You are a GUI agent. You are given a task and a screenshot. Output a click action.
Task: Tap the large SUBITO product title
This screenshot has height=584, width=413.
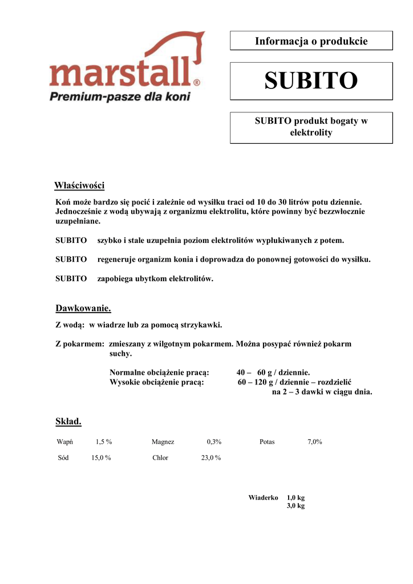pyautogui.click(x=311, y=81)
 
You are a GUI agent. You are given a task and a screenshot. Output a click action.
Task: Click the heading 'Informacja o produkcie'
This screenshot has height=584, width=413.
pyautogui.click(x=311, y=41)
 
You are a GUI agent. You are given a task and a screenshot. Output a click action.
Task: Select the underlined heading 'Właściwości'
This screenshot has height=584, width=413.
pyautogui.click(x=79, y=186)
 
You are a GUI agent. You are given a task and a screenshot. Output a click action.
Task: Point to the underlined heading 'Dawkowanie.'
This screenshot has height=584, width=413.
pyautogui.click(x=83, y=309)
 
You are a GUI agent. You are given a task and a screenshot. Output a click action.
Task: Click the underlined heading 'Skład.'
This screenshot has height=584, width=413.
pyautogui.click(x=68, y=421)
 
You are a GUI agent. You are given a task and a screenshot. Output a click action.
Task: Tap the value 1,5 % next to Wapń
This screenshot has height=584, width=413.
pyautogui.click(x=104, y=442)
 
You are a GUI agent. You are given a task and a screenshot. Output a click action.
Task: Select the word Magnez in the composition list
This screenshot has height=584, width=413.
pyautogui.click(x=163, y=442)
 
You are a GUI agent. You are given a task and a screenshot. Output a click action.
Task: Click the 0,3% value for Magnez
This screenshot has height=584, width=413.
pyautogui.click(x=214, y=442)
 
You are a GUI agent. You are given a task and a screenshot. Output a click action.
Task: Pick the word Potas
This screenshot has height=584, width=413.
pyautogui.click(x=267, y=442)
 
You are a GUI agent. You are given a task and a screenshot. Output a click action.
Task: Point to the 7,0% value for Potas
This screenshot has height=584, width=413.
pyautogui.click(x=315, y=442)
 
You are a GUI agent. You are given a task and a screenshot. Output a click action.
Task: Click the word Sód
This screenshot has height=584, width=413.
pyautogui.click(x=63, y=458)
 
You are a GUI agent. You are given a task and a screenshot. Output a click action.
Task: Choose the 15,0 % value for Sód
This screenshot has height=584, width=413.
pyautogui.click(x=101, y=458)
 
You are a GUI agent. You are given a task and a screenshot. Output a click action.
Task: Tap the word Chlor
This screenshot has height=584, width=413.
pyautogui.click(x=160, y=458)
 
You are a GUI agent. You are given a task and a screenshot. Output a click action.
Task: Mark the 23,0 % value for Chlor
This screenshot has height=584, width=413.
pyautogui.click(x=211, y=458)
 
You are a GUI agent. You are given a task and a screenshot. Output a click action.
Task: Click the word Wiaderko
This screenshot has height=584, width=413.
pyautogui.click(x=263, y=498)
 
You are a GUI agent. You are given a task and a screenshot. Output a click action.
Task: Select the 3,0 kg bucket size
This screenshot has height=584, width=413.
pyautogui.click(x=295, y=506)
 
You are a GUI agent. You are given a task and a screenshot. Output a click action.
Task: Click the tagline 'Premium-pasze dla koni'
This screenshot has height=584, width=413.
pyautogui.click(x=120, y=96)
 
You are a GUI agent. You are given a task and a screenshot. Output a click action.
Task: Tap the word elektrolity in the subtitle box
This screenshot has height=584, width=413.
pyautogui.click(x=311, y=133)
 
